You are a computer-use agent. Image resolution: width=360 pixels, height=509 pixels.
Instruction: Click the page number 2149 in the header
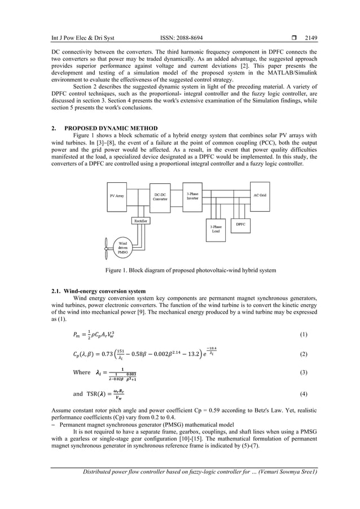click(x=311, y=38)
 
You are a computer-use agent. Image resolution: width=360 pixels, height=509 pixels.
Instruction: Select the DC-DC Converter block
click(x=160, y=197)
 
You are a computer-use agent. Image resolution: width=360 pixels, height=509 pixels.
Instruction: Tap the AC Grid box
click(x=260, y=195)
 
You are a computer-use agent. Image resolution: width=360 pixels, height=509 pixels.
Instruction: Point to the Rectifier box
click(x=141, y=221)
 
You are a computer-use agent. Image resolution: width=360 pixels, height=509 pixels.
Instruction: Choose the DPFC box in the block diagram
click(x=241, y=224)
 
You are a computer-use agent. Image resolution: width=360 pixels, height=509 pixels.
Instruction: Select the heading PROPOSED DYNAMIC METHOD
click(x=111, y=129)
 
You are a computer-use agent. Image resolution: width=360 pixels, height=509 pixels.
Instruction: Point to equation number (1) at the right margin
click(x=304, y=334)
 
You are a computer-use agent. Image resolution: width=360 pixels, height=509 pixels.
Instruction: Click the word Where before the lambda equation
click(x=82, y=372)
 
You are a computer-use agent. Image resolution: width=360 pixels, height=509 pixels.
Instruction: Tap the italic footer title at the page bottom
click(x=199, y=472)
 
